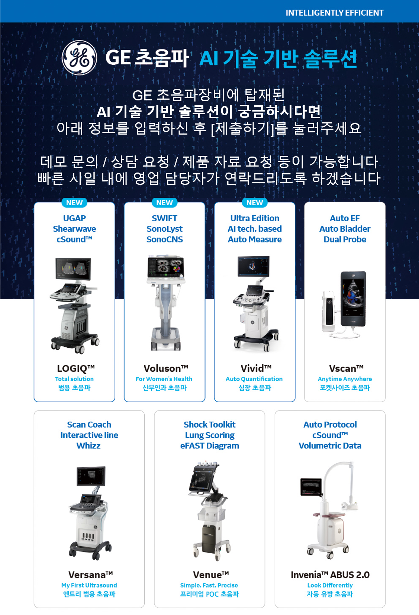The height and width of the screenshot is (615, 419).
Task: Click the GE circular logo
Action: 79,58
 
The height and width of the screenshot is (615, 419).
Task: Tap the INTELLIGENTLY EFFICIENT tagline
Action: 335,13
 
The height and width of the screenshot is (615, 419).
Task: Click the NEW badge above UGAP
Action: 74,203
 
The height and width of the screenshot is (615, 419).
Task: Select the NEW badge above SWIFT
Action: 164,203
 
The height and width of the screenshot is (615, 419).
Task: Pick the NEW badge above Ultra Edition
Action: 255,203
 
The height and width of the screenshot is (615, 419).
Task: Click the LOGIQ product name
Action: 76,368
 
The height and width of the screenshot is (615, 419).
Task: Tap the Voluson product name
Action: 166,368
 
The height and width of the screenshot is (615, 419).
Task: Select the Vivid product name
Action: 256,368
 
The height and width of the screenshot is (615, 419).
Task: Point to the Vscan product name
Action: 346,368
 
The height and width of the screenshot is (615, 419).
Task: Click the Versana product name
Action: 91,574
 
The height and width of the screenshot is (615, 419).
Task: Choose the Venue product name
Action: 211,574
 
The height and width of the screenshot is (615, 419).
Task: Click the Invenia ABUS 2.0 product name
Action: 330,574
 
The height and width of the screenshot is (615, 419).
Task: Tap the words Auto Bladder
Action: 345,229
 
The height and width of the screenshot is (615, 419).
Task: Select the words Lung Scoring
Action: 210,435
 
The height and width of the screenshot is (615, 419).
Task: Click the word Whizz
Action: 88,445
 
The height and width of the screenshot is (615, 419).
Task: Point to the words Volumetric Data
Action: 330,445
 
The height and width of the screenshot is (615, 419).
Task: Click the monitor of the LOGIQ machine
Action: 73,269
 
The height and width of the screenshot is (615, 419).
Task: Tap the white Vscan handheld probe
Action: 329,311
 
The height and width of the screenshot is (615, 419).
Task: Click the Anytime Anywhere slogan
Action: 345,379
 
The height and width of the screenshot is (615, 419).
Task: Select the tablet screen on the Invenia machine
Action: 311,487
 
